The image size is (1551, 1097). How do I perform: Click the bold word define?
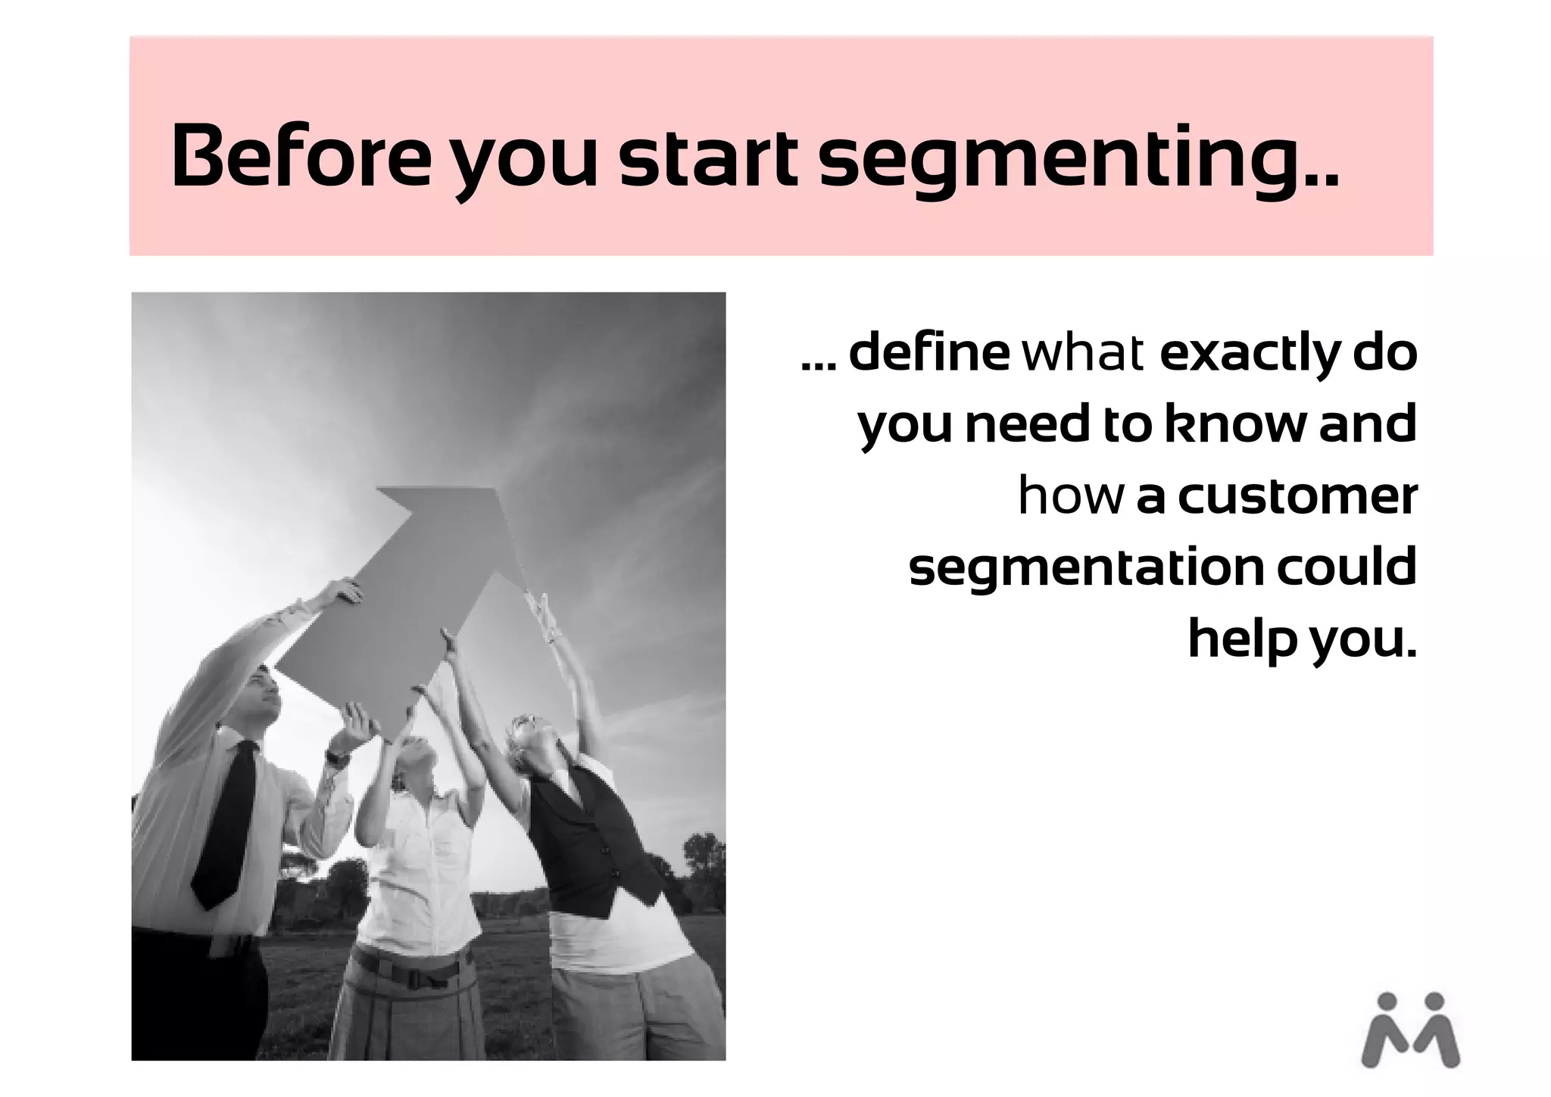click(x=928, y=353)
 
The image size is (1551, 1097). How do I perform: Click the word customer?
click(x=1297, y=496)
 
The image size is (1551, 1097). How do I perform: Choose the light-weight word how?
click(x=1070, y=496)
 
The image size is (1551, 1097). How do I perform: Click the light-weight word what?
click(x=1083, y=353)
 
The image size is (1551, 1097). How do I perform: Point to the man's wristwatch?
click(x=337, y=755)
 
